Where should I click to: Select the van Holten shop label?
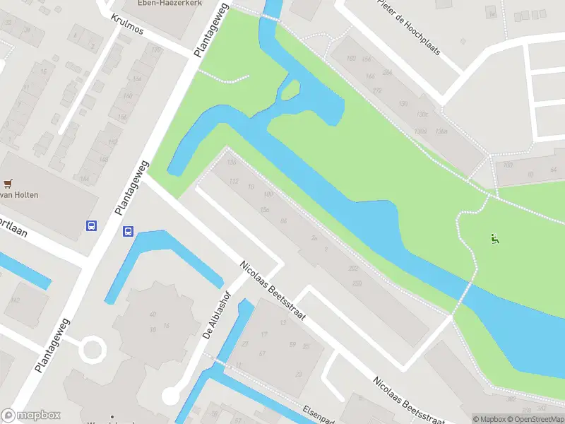click(19, 195)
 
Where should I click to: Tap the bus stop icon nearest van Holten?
click(91, 226)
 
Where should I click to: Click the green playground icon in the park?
click(495, 239)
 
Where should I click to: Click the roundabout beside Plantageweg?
click(92, 348)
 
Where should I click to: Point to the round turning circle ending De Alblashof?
click(172, 395)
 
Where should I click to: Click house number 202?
click(353, 269)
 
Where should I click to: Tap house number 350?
click(357, 283)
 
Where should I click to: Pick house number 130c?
click(423, 114)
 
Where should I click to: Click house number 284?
click(386, 72)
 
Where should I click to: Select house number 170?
click(376, 90)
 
